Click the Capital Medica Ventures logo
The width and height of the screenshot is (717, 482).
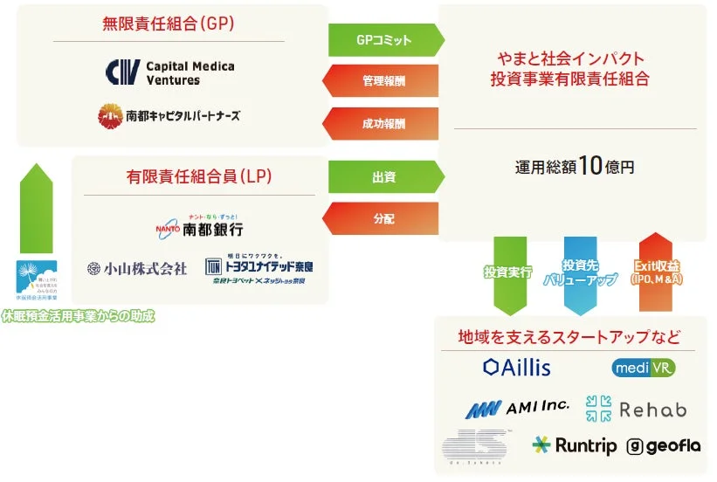tap(169, 72)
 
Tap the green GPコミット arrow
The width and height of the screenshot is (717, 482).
tap(384, 40)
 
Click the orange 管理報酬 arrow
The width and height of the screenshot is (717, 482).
tap(384, 81)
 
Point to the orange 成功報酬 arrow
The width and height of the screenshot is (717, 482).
tap(384, 123)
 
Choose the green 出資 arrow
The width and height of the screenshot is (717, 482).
tap(384, 177)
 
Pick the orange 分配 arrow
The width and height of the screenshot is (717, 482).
tap(384, 218)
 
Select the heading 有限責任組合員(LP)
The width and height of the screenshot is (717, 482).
tap(199, 176)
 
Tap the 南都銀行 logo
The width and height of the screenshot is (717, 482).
tap(198, 225)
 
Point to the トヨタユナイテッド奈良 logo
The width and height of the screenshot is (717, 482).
tap(259, 269)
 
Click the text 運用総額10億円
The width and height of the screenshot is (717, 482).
tap(574, 167)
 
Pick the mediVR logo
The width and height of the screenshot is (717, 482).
tap(644, 368)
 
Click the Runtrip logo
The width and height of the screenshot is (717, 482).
tap(574, 445)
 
